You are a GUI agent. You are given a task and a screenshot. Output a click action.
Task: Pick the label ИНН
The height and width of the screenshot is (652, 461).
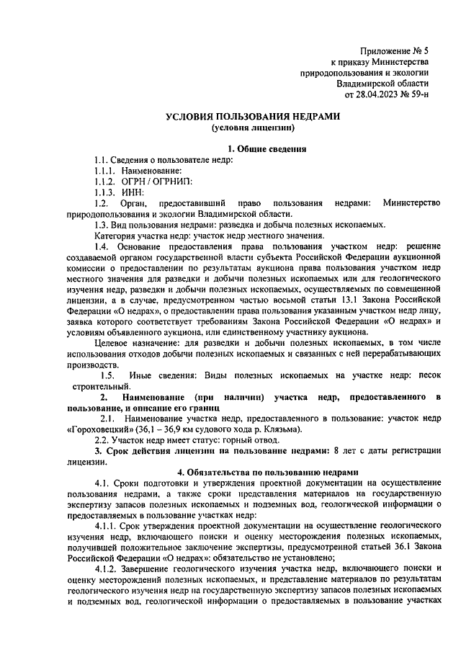[x=133, y=192]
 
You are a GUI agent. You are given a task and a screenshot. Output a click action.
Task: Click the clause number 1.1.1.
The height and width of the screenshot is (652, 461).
[x=106, y=171]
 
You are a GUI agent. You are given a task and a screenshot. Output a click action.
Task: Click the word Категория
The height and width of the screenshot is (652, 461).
[x=117, y=235]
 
